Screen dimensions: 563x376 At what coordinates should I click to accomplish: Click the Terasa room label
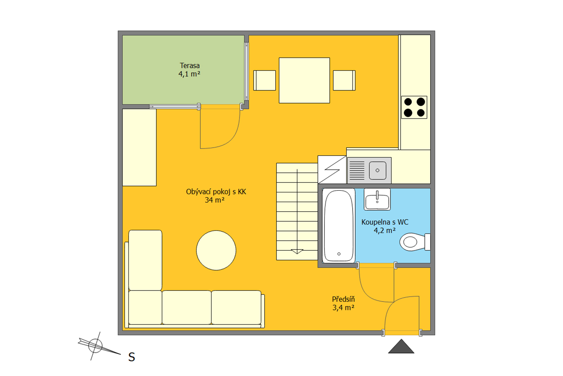click(x=190, y=65)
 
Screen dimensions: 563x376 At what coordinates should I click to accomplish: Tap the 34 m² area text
click(x=214, y=200)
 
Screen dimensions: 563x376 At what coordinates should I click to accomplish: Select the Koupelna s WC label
click(x=385, y=222)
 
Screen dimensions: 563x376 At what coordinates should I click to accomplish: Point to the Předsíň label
click(x=343, y=299)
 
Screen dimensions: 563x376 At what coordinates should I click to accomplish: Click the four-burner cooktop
click(x=414, y=107)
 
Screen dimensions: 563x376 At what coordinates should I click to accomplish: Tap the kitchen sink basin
click(x=377, y=171)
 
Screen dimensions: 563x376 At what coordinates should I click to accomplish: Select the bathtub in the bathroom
click(x=339, y=226)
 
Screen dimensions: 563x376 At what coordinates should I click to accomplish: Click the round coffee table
click(x=216, y=250)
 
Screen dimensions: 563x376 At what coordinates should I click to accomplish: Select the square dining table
click(x=304, y=80)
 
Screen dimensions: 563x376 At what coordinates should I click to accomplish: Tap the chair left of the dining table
click(x=265, y=80)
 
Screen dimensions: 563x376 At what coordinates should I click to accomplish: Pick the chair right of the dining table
click(x=344, y=80)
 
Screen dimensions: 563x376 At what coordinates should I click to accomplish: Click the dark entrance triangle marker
click(x=401, y=346)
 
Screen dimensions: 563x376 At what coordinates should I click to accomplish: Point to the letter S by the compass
click(x=132, y=357)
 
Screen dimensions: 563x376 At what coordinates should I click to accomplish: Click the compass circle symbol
click(x=95, y=346)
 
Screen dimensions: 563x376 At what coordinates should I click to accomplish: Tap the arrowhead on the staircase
click(x=297, y=252)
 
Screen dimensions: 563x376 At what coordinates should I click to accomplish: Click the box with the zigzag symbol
click(x=332, y=170)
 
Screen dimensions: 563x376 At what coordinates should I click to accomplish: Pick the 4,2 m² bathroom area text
click(x=385, y=230)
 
